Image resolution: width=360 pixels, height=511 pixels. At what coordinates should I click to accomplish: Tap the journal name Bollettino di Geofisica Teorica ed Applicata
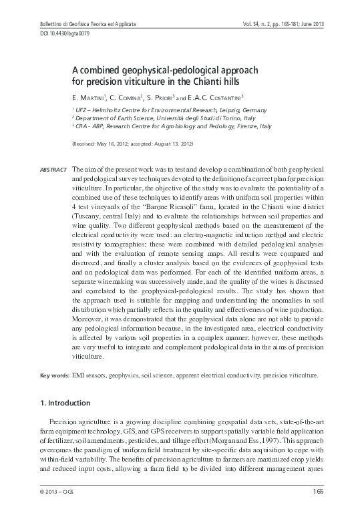79,24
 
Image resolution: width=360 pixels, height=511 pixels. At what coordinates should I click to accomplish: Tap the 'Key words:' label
52,376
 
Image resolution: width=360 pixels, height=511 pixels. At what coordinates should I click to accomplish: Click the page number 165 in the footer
319,494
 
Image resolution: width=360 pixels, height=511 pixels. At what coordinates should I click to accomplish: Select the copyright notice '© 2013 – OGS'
59,494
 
